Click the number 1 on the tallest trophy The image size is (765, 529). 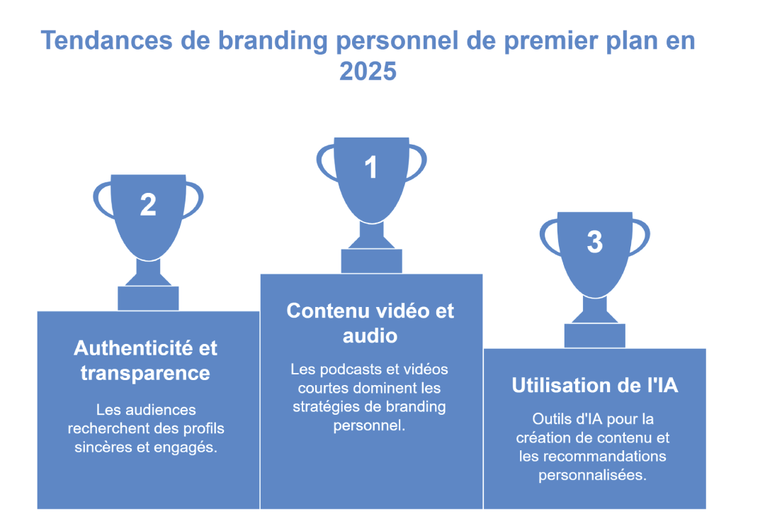370,168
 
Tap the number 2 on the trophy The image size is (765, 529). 148,205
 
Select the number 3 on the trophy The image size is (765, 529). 594,242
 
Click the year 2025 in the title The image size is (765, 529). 368,72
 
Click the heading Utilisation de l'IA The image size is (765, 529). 594,386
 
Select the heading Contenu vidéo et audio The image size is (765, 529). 370,323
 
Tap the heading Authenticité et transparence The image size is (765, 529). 146,360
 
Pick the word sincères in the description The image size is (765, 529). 103,447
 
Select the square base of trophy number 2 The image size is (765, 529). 148,298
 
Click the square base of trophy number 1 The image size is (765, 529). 371,261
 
